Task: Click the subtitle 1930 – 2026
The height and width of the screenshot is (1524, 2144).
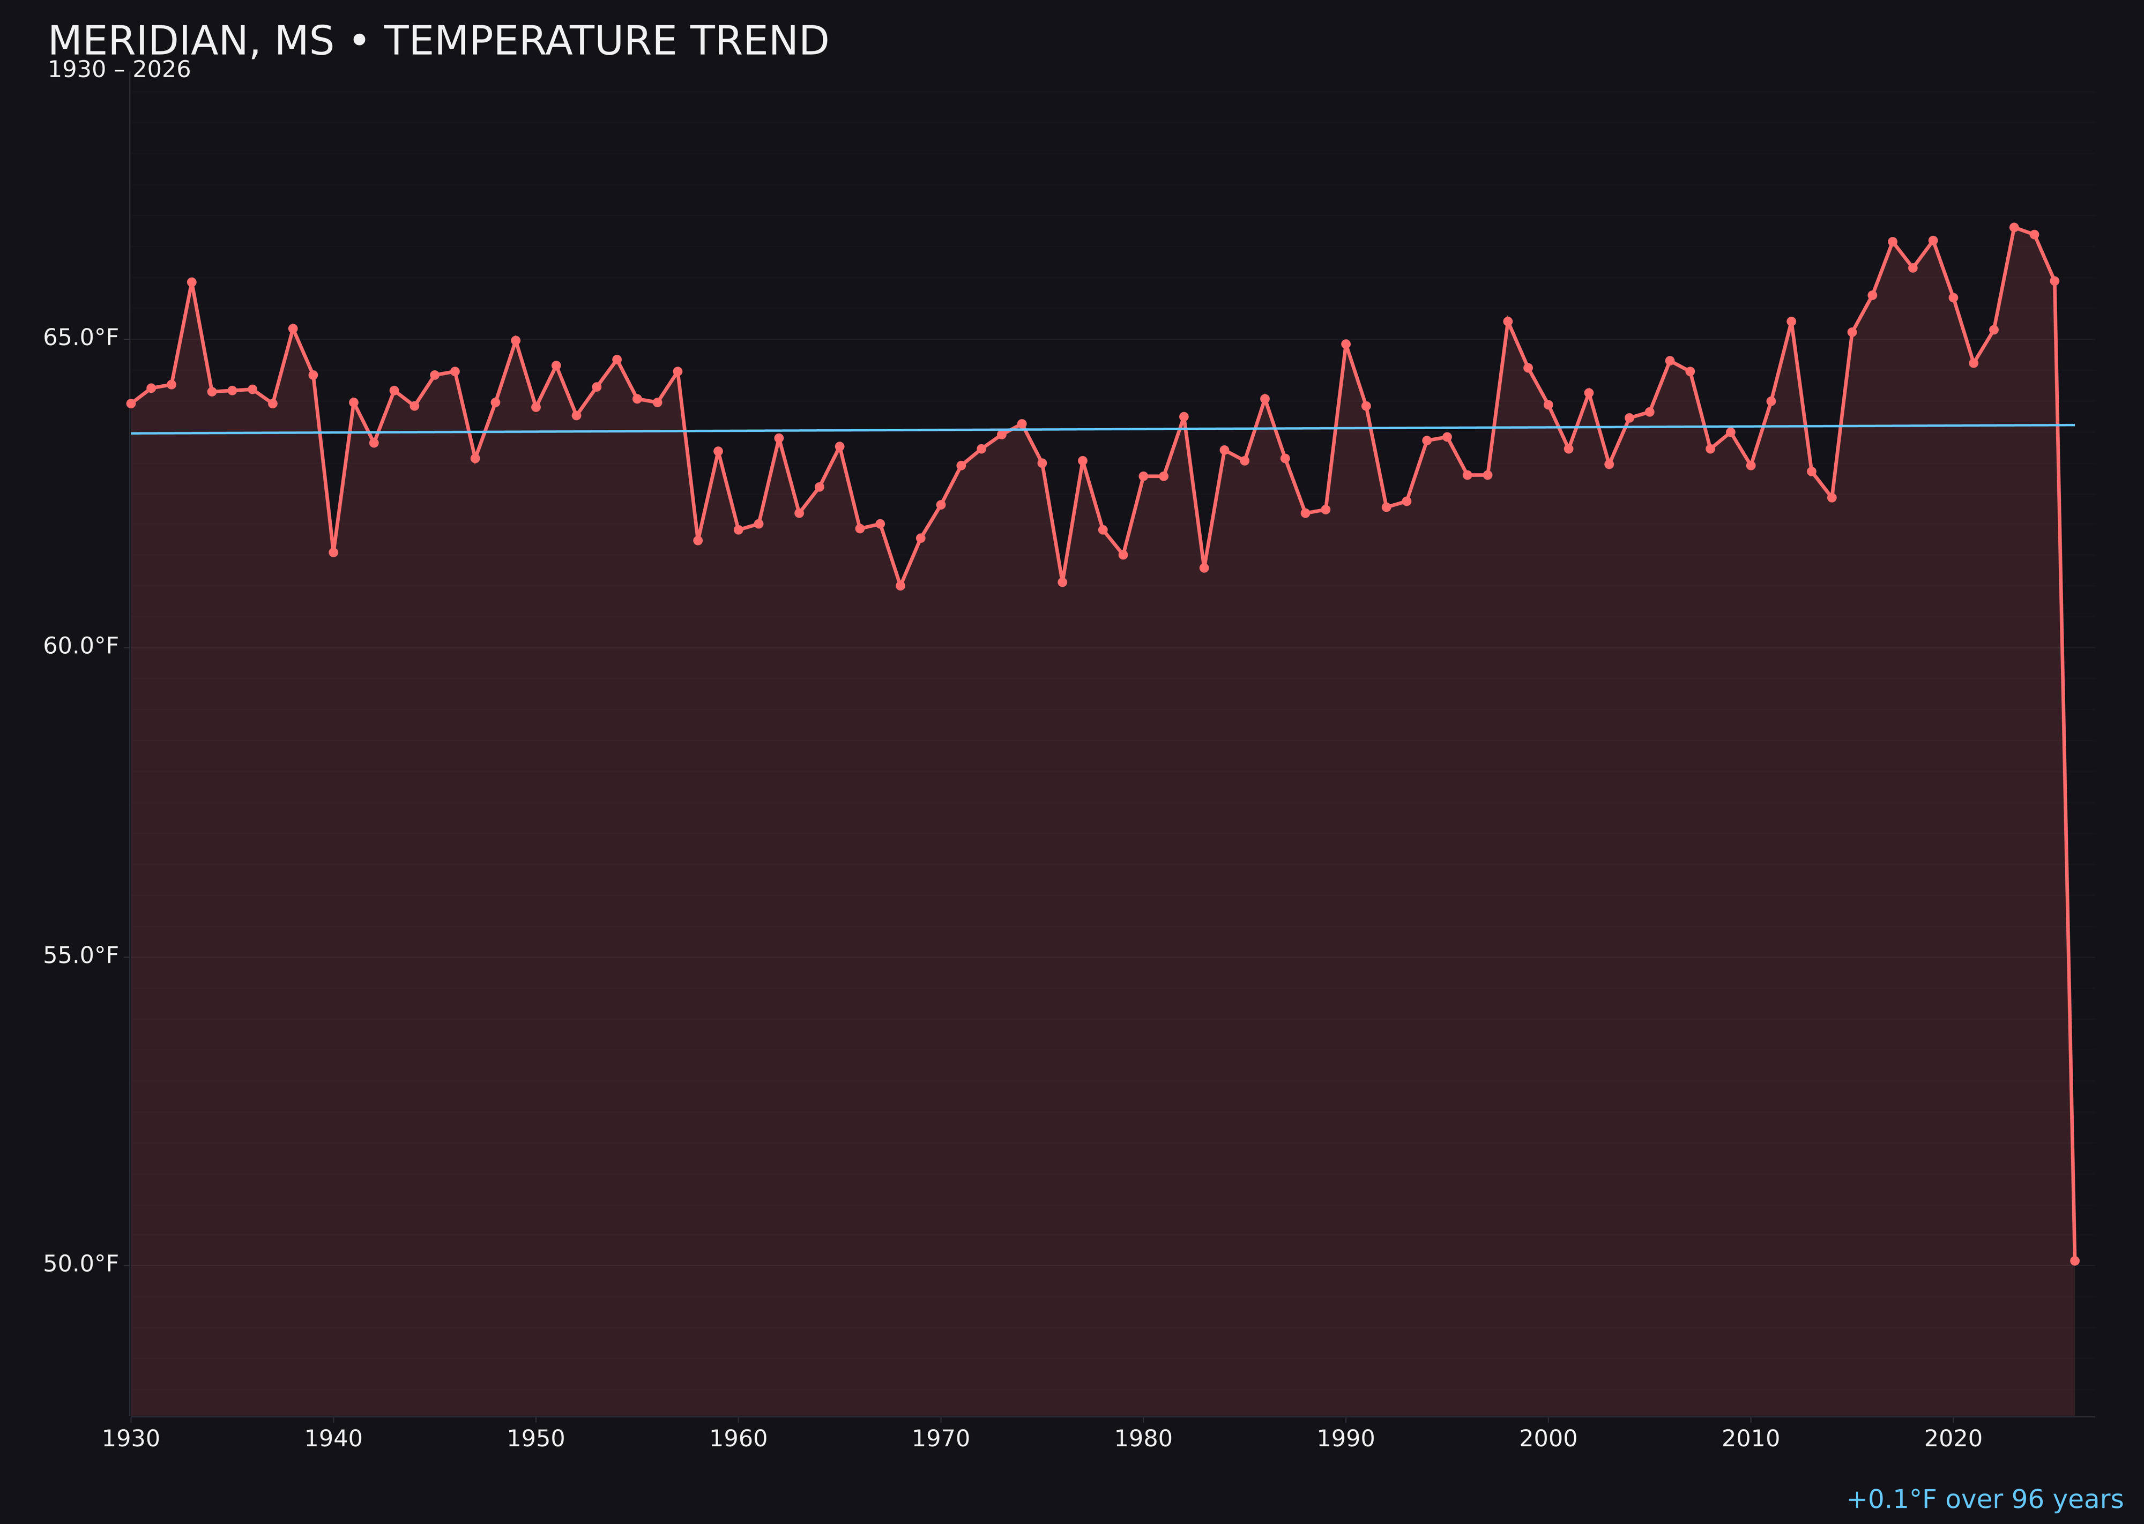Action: tap(119, 70)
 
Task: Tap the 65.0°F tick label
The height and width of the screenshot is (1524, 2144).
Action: tap(81, 338)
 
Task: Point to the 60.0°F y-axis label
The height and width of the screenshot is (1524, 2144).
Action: tap(81, 647)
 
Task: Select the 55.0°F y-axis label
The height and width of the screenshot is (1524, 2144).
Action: tap(81, 955)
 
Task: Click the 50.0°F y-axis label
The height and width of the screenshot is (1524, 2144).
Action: tap(81, 1264)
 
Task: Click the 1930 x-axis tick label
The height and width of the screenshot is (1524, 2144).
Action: tap(130, 1439)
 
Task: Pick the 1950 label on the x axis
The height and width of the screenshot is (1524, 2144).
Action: tap(536, 1439)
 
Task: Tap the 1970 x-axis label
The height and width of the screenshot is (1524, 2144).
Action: tap(941, 1439)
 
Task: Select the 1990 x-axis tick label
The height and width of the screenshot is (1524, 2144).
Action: tap(1345, 1439)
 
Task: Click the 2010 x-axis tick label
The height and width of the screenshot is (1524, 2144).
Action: tap(1751, 1439)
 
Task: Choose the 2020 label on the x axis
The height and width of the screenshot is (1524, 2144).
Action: tap(1953, 1439)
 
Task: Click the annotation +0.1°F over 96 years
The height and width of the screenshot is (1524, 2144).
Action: tap(1984, 1499)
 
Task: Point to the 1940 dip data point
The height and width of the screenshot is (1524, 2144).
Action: tap(333, 552)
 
